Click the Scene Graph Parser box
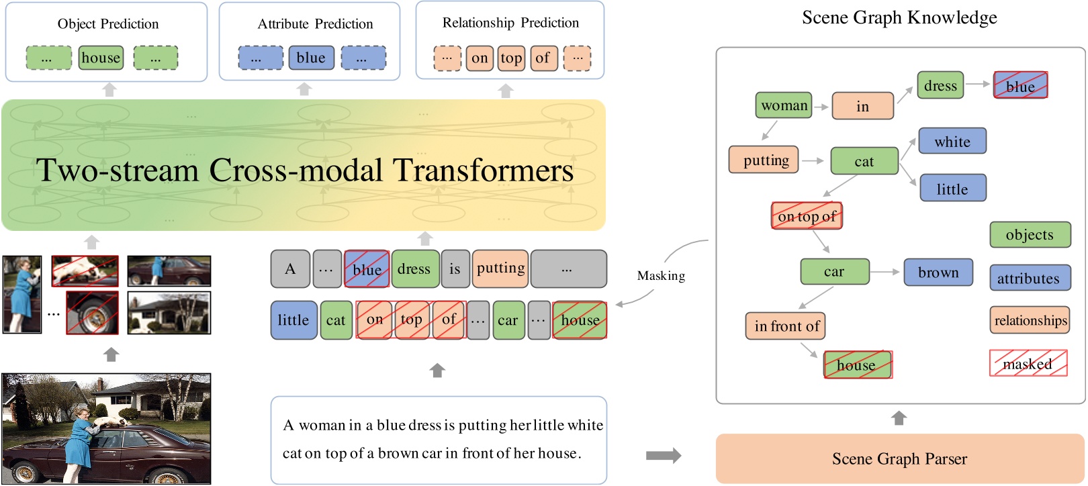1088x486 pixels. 899,458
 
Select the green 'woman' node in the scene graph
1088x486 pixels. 784,105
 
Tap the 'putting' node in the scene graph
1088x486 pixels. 764,160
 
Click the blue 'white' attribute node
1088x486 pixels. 952,142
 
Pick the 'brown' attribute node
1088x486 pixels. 938,272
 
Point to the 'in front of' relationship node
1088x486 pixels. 785,326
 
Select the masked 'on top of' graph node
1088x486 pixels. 806,216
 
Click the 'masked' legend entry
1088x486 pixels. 1028,363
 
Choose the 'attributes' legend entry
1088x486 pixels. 1030,278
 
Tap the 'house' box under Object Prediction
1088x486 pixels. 101,58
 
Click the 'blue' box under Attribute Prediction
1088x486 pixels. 311,58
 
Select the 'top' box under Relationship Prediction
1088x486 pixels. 511,58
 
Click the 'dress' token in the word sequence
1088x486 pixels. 414,269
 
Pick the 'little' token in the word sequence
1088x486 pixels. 293,320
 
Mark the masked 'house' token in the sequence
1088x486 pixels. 580,320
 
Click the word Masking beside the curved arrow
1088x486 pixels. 661,276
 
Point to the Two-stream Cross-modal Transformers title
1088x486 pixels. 304,171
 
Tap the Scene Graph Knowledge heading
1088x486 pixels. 899,17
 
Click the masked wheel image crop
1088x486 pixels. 92,313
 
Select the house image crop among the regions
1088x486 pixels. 169,313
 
